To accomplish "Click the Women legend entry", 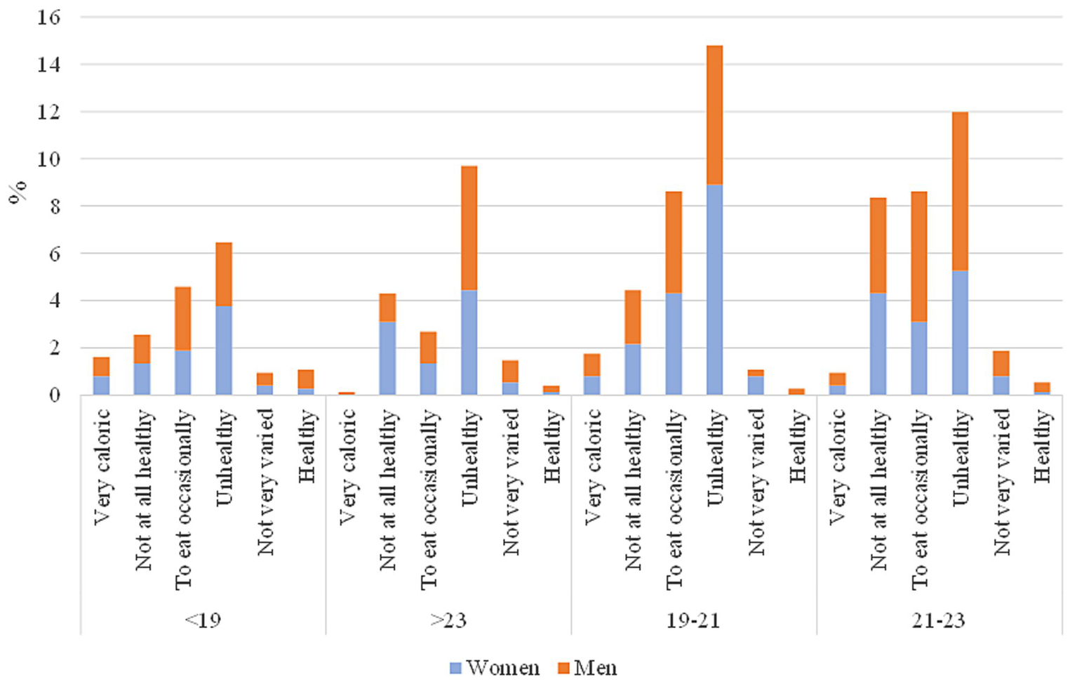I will coord(495,667).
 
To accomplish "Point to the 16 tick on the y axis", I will coord(48,17).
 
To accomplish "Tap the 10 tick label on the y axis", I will coord(48,159).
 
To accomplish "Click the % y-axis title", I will coord(18,191).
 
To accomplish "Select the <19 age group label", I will coord(203,620).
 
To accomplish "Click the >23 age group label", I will coord(448,620).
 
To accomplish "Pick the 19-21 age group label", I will coord(693,620).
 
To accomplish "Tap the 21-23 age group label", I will coord(939,620).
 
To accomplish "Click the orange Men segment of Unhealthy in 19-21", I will coord(714,115).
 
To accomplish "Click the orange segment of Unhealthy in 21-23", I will coord(960,191).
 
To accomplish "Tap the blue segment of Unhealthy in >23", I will coord(469,342).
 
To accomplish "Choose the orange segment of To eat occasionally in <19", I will coord(182,318).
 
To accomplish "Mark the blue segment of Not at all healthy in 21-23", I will coord(878,343).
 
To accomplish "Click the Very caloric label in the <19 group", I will coord(102,467).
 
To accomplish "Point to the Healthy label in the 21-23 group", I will coord(1043,447).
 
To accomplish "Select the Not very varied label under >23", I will coord(511,483).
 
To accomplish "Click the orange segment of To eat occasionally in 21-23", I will coord(918,256).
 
